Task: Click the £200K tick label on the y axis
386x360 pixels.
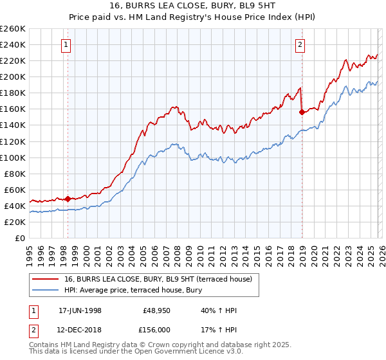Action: pyautogui.click(x=13, y=76)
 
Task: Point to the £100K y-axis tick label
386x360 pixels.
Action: pyautogui.click(x=13, y=157)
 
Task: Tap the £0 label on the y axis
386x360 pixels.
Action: pyautogui.click(x=20, y=238)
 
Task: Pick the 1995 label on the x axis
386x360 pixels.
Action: pyautogui.click(x=30, y=251)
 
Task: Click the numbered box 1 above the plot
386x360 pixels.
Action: pyautogui.click(x=68, y=44)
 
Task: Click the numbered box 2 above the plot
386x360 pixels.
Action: pyautogui.click(x=300, y=44)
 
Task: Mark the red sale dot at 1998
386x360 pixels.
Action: pyautogui.click(x=68, y=199)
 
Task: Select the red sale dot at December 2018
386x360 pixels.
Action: pyautogui.click(x=302, y=112)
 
